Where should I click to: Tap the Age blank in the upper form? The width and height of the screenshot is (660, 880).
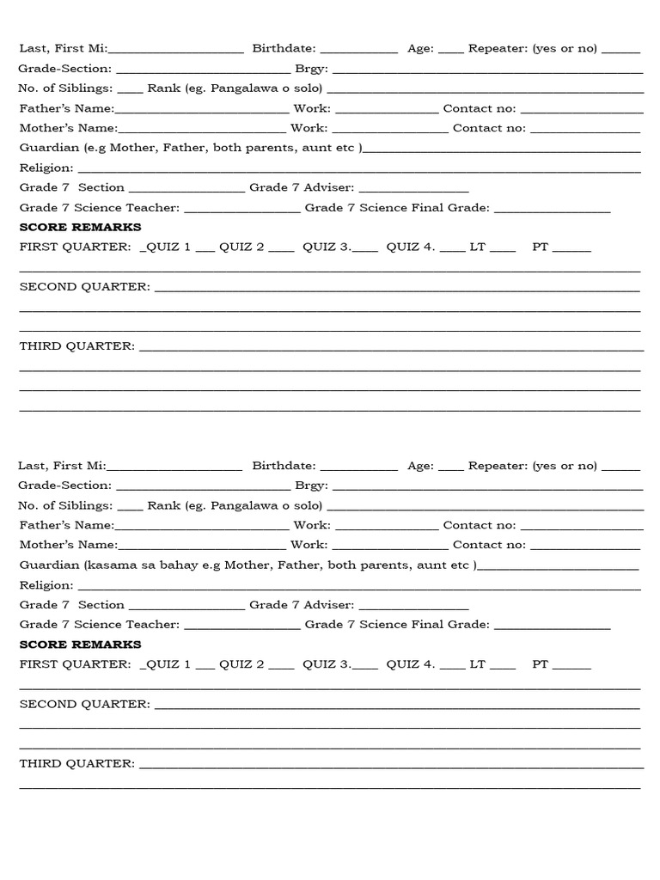[450, 50]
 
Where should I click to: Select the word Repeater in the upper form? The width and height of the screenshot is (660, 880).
[498, 48]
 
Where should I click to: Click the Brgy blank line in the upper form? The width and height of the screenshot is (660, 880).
[487, 70]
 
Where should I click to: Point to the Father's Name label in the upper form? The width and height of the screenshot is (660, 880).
[66, 108]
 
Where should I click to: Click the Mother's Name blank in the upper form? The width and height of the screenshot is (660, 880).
[202, 130]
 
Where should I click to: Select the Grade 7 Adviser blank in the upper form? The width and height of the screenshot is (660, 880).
[413, 188]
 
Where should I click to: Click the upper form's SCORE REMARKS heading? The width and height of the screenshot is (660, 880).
[80, 227]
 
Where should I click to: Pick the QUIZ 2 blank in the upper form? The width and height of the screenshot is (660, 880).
[281, 248]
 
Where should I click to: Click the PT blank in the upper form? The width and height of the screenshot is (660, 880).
[571, 248]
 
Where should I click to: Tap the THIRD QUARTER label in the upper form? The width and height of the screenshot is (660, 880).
[76, 345]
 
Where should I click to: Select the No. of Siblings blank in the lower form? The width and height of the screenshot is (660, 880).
[130, 507]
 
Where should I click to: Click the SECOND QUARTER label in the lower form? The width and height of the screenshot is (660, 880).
[84, 704]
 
